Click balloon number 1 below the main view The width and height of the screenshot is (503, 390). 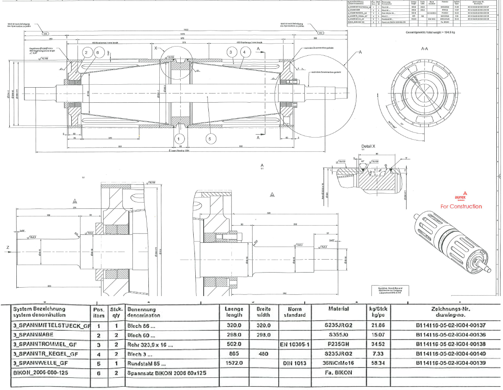click(x=179, y=138)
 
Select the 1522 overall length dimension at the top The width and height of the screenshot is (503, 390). click(x=186, y=30)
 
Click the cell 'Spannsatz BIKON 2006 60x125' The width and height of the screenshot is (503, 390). click(x=168, y=372)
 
